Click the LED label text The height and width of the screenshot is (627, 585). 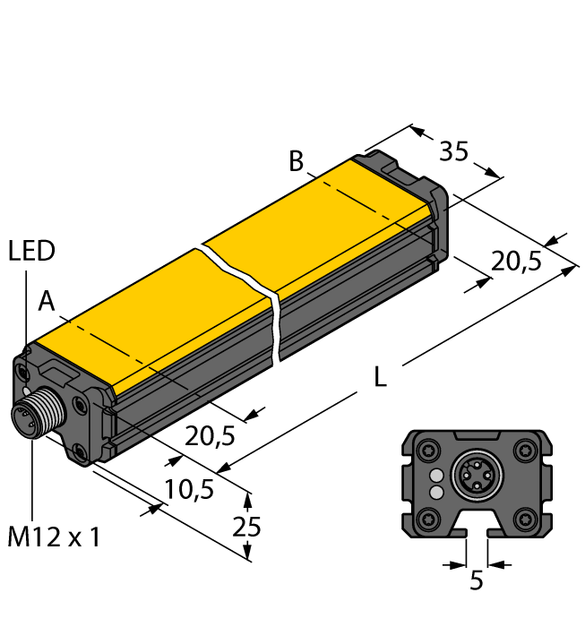pos(31,251)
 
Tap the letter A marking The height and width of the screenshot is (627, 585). pos(47,303)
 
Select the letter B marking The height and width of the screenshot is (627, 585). pos(296,162)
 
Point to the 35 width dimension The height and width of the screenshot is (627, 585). pos(454,151)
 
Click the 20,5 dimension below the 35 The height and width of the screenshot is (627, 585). pos(517,262)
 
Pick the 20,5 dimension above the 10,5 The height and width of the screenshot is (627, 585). pos(210,435)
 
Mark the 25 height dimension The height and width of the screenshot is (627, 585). pos(247,527)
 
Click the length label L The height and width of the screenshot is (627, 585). pos(380,379)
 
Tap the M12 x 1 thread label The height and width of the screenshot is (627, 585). pos(54,538)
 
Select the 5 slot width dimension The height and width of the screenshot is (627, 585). pos(477,580)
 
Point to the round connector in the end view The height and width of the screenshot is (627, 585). pos(476,481)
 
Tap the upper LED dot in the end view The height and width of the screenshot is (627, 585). pos(436,475)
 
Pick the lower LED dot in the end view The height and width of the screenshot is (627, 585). pos(436,492)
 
